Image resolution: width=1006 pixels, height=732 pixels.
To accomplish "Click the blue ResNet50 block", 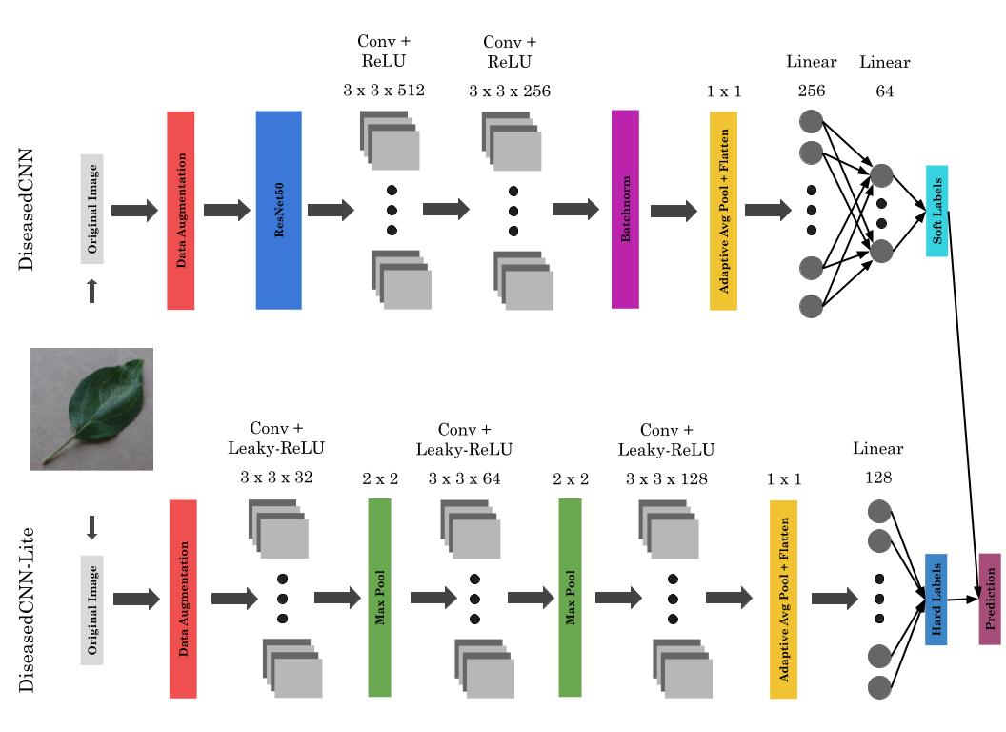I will (278, 210).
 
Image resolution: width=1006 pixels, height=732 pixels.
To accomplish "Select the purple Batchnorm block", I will (625, 209).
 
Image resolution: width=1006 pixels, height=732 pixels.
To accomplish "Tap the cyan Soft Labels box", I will (936, 211).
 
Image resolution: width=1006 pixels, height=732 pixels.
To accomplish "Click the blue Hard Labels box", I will (936, 599).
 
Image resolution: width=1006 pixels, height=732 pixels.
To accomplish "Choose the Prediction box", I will (990, 599).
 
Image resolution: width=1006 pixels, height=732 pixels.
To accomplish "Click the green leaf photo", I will (91, 408).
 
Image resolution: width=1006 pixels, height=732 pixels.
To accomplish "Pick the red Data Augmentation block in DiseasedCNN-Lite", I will (182, 599).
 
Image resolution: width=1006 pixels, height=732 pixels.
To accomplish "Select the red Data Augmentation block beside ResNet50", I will (181, 210).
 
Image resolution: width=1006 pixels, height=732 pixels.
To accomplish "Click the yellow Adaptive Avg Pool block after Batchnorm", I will (724, 210).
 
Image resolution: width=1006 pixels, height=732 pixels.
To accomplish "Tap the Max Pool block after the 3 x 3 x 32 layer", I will (379, 597).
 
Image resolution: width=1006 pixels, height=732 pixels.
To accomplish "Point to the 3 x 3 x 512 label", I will (383, 91).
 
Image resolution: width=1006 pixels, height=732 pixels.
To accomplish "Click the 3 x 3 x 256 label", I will (510, 91).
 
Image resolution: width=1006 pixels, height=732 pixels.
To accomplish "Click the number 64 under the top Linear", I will (884, 91).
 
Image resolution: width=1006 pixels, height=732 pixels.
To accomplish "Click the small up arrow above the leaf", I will (92, 291).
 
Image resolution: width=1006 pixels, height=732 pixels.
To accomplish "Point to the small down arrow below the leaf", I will (92, 527).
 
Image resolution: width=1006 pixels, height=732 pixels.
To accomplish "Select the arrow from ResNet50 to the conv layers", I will (330, 211).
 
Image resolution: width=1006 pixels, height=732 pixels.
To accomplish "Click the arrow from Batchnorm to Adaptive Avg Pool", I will (674, 212).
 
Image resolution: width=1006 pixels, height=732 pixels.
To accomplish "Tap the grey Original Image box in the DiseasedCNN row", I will (92, 209).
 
